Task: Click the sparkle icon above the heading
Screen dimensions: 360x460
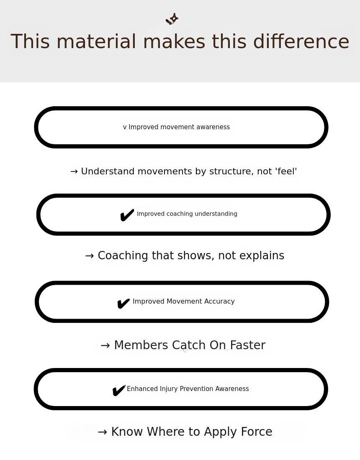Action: coord(172,19)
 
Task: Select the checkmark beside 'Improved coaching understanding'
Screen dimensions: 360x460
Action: coord(127,215)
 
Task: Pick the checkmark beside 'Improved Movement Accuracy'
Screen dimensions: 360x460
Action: coord(123,304)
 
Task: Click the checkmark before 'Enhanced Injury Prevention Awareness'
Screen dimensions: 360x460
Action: coord(119,391)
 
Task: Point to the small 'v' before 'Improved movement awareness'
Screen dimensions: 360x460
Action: coord(125,127)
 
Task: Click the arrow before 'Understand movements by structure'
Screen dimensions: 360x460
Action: coord(74,171)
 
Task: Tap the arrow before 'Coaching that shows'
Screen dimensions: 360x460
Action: coord(90,256)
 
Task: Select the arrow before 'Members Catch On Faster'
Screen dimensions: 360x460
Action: coord(105,345)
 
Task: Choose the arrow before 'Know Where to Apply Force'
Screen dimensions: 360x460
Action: coord(102,432)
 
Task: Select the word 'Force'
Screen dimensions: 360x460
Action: coord(257,432)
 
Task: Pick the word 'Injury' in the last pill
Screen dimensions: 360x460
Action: coord(169,389)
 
